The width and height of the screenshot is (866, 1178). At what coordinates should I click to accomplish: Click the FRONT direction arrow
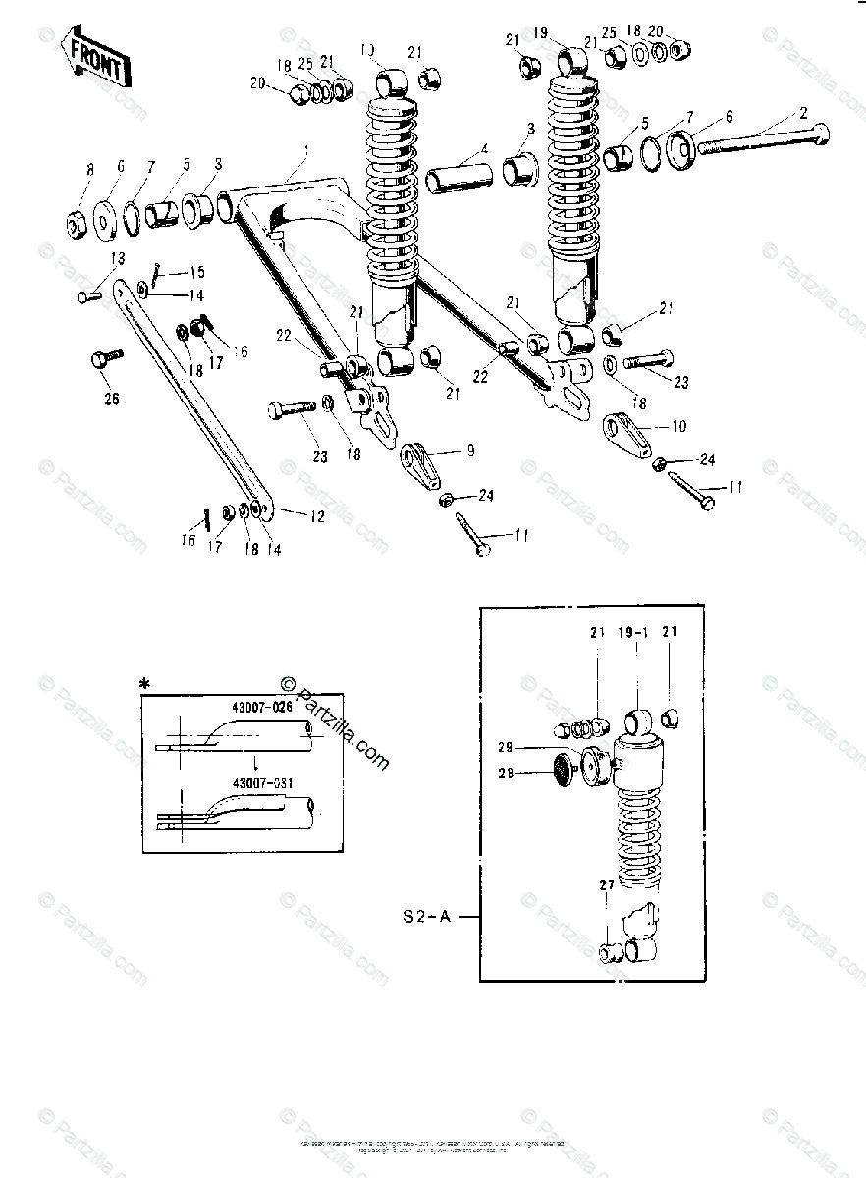tap(95, 61)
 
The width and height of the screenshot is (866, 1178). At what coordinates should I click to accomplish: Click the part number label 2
tap(804, 113)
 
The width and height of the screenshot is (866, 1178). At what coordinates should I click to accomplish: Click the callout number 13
tap(118, 258)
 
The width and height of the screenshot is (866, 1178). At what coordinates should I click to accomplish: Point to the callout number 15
tap(197, 273)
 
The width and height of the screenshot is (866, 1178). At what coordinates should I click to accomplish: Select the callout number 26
tap(110, 400)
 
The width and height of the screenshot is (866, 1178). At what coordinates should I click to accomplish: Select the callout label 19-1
tap(632, 634)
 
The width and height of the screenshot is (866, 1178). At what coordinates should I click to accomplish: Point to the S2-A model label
tap(430, 917)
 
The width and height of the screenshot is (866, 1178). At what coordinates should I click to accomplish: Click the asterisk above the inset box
tap(144, 683)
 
